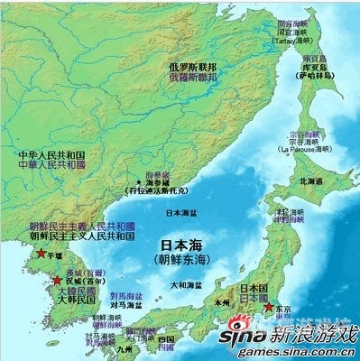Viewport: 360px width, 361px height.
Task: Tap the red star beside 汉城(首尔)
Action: tap(57, 282)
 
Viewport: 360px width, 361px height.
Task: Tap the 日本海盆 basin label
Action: tap(183, 214)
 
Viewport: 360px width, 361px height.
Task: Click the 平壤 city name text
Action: tap(52, 255)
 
